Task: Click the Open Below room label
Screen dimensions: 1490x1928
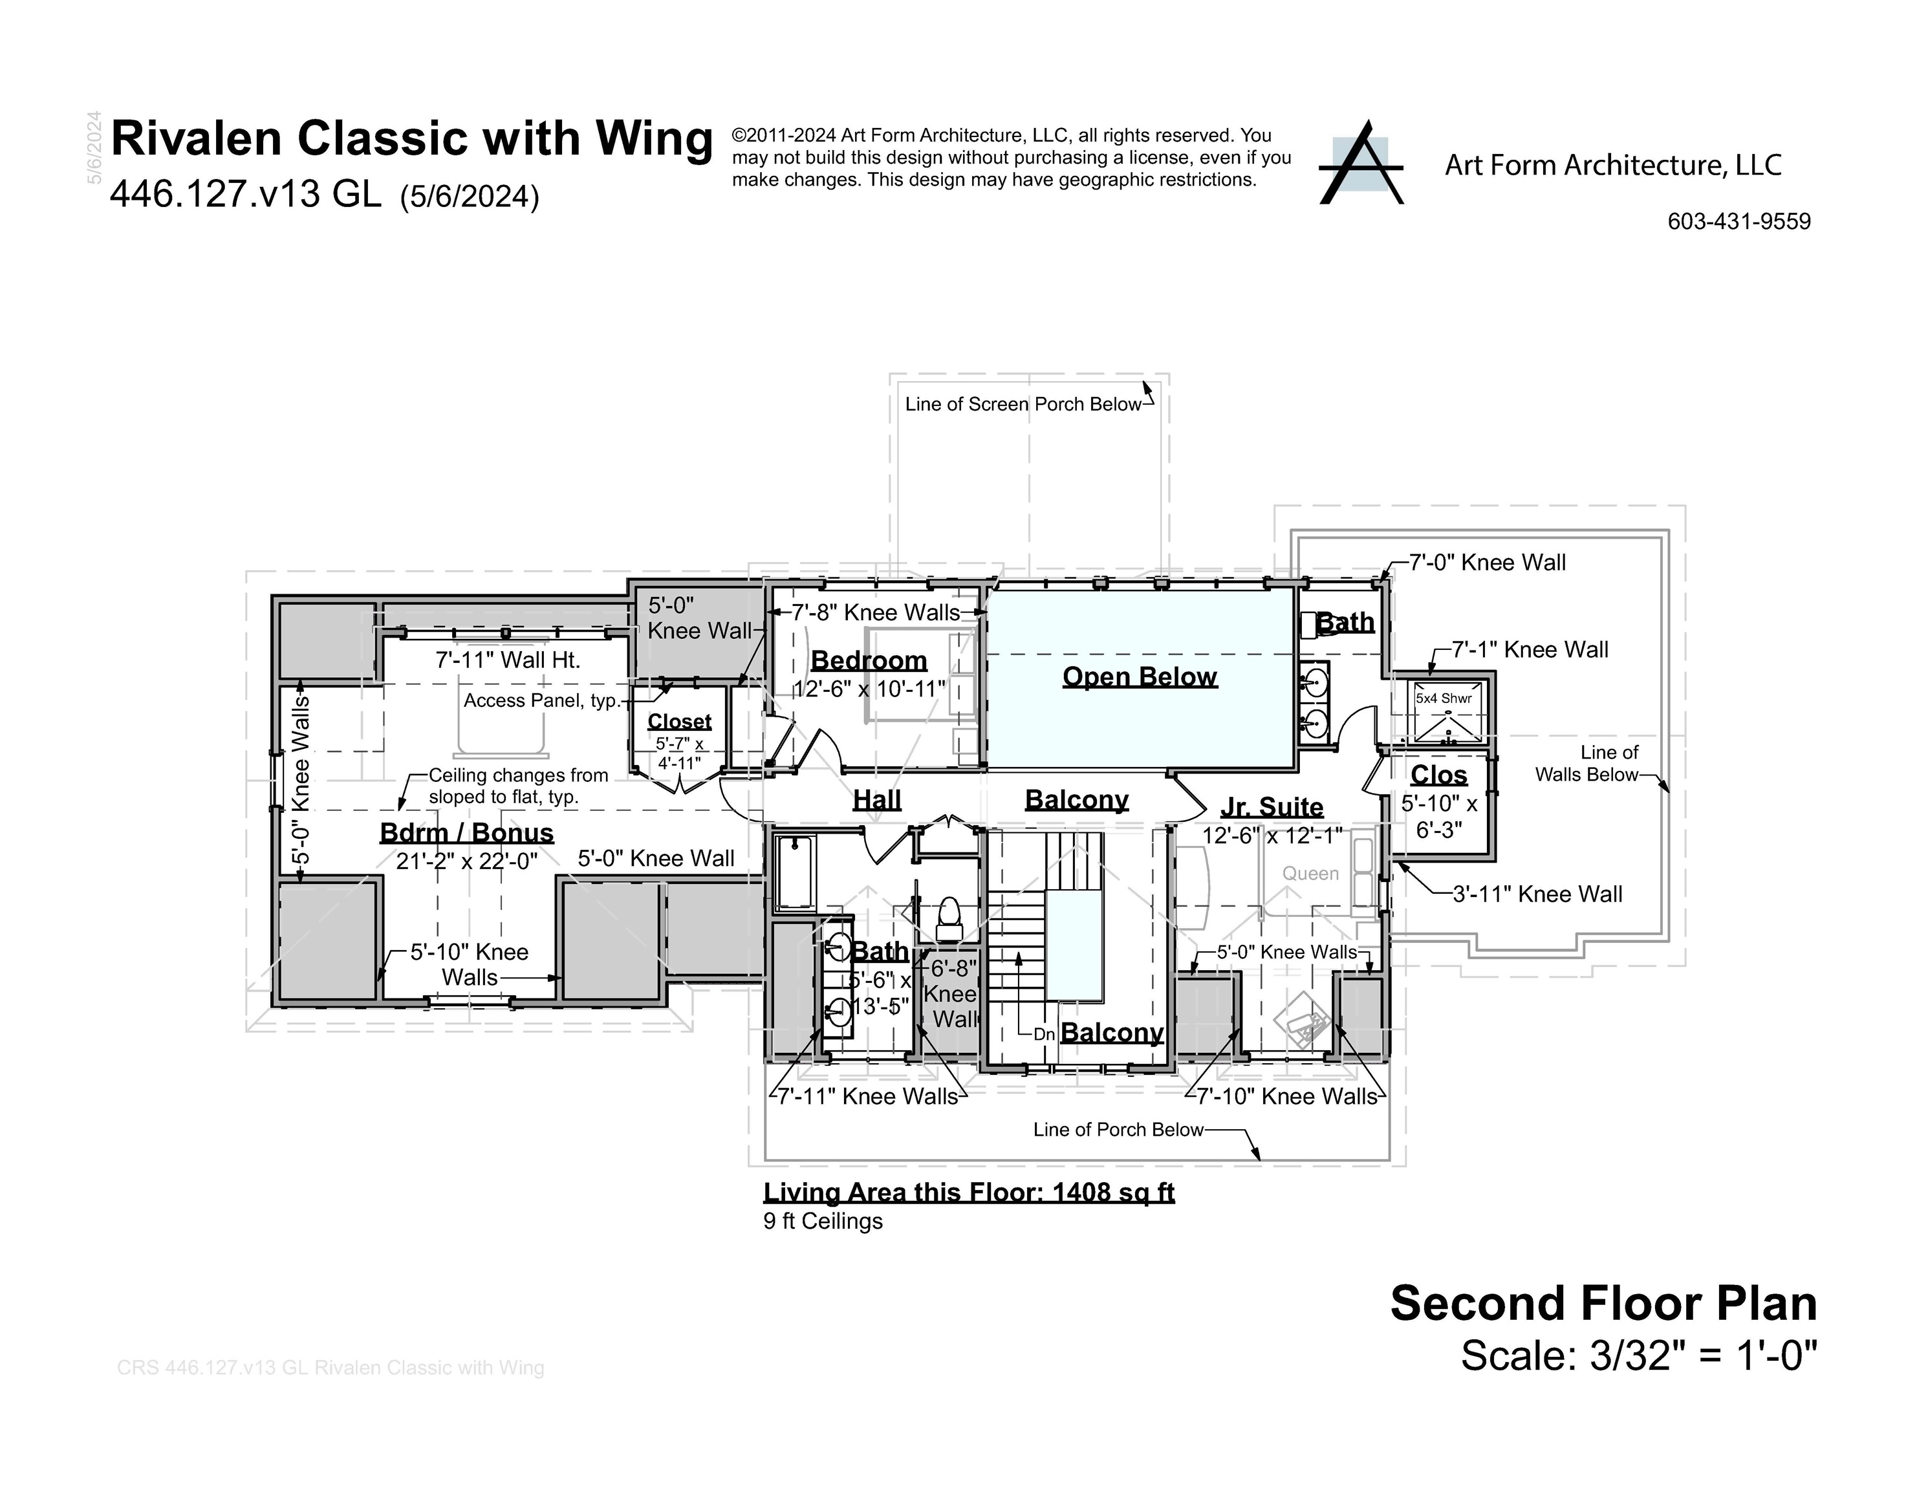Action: pyautogui.click(x=1139, y=677)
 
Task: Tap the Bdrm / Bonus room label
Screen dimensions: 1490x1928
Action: pyautogui.click(x=466, y=832)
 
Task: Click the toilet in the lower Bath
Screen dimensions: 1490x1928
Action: pyautogui.click(x=948, y=918)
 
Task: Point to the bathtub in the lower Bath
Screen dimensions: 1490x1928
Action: pyautogui.click(x=796, y=872)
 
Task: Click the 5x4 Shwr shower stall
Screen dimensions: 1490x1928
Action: pyautogui.click(x=1444, y=711)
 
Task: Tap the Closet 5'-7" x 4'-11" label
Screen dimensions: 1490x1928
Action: pyautogui.click(x=679, y=740)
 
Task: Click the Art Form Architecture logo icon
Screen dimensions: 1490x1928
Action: pyautogui.click(x=1360, y=164)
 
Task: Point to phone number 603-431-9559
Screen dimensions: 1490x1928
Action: pyautogui.click(x=1738, y=222)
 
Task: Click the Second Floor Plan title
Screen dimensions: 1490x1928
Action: pyautogui.click(x=1603, y=1304)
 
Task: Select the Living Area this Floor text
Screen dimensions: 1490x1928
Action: pyautogui.click(x=968, y=1193)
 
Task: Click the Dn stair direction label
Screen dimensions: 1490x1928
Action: pyautogui.click(x=1043, y=1033)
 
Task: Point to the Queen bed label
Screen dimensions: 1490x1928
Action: pyautogui.click(x=1310, y=874)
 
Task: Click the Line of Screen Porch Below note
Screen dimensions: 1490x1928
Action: pyautogui.click(x=1023, y=404)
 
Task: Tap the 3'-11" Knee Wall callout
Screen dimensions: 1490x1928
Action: pyautogui.click(x=1537, y=894)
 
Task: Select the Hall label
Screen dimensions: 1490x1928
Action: pyautogui.click(x=876, y=800)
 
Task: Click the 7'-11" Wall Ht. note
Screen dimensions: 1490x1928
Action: pyautogui.click(x=508, y=660)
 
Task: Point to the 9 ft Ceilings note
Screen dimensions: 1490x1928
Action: pyautogui.click(x=823, y=1222)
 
